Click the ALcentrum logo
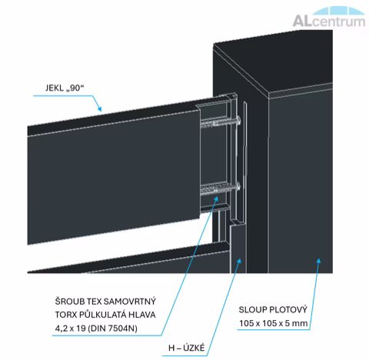(329, 17)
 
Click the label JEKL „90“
(65, 88)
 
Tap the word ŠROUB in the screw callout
(69, 301)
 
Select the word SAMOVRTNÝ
(130, 302)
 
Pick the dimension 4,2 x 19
(70, 328)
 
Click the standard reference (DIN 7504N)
(112, 328)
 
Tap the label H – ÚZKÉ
(187, 348)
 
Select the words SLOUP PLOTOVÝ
(273, 310)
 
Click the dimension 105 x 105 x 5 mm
(274, 323)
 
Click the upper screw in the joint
(221, 122)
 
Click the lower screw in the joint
(221, 188)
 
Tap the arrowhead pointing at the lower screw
(216, 199)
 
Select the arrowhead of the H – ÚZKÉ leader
(239, 262)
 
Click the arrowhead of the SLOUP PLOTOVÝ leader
(318, 262)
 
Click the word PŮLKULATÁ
(103, 315)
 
